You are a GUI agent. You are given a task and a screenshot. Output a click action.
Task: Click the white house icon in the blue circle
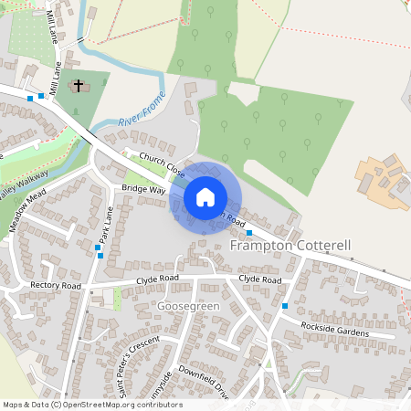205,196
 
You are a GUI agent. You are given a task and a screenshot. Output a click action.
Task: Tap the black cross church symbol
79,86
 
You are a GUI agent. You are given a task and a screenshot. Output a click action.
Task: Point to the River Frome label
142,110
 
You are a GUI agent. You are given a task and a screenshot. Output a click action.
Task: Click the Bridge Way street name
143,189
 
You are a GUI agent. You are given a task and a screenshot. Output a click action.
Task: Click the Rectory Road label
56,286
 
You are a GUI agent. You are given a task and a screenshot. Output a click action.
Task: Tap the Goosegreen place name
188,304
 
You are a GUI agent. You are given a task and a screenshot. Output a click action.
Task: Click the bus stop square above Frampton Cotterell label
248,233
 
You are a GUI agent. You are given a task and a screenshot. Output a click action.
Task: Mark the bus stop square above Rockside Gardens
285,305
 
